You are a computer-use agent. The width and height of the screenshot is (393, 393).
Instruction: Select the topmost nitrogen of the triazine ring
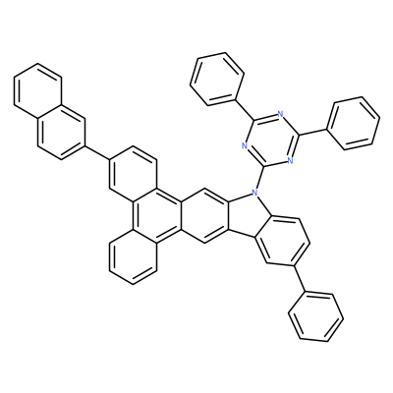point(280,115)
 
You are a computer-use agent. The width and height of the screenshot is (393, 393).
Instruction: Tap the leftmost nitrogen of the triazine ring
point(244,145)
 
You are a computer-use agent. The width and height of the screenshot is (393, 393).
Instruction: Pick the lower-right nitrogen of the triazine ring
point(289,160)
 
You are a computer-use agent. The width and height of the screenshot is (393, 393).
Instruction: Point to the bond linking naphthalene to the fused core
point(96,152)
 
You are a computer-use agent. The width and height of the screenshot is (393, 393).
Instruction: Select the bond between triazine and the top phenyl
point(246,109)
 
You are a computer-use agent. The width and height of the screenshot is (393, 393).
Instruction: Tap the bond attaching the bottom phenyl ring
point(300,278)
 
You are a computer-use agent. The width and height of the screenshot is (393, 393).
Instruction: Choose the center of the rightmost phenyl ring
point(354,124)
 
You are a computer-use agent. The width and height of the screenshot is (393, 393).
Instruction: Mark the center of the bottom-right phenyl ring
point(315,316)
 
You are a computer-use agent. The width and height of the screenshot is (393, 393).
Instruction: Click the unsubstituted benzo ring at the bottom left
point(133,256)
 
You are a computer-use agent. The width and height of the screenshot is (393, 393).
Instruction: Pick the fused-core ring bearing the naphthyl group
point(133,174)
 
